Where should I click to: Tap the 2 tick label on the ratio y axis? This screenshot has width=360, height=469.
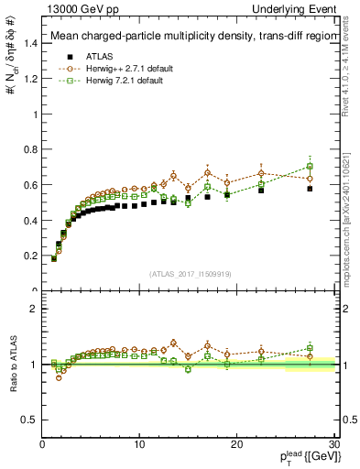click(x=33, y=309)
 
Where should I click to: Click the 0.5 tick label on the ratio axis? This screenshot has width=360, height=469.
click(x=29, y=420)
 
